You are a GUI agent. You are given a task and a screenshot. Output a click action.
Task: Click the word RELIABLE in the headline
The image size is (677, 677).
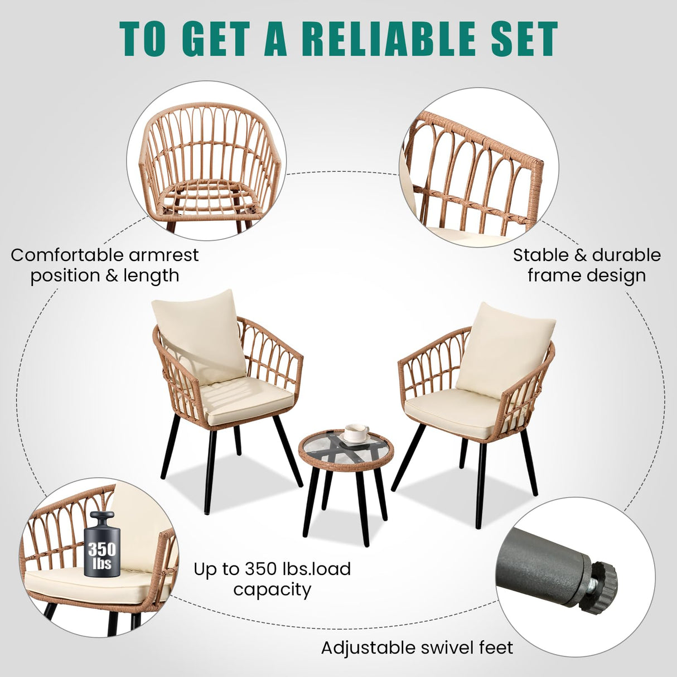390,38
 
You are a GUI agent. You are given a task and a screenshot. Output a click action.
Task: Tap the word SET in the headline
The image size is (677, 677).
522,38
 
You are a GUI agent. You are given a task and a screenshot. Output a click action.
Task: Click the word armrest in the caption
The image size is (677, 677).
163,255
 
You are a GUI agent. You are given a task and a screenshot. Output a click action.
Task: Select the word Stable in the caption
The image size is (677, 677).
541,255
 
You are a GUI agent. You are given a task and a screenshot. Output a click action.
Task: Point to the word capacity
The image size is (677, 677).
272,589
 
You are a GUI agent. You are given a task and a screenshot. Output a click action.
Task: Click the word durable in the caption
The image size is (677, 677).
626,255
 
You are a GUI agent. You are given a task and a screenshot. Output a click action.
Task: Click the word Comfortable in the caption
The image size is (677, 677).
67,255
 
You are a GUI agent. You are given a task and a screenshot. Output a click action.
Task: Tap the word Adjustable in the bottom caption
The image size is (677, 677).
367,648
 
